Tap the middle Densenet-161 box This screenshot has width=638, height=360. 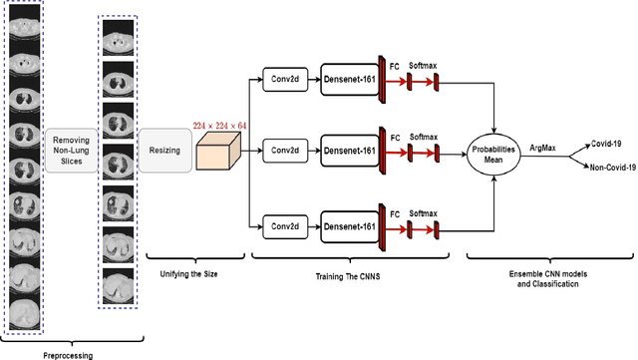coord(348,151)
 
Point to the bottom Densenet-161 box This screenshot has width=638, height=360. coord(348,226)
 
